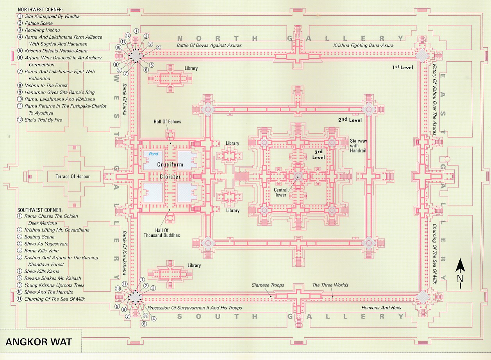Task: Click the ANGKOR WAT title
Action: [39, 341]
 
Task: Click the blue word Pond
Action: [154, 154]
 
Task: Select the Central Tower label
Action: [280, 192]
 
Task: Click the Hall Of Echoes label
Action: [167, 122]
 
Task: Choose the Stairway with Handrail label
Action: [358, 145]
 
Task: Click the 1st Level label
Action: [402, 68]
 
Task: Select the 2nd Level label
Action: [350, 120]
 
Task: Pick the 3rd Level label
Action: [318, 154]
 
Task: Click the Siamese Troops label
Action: [268, 285]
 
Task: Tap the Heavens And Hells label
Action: [380, 308]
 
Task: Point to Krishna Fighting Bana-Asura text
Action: [363, 45]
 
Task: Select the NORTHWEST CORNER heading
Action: [40, 9]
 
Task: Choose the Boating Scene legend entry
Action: [39, 237]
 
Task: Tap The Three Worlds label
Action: [330, 285]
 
